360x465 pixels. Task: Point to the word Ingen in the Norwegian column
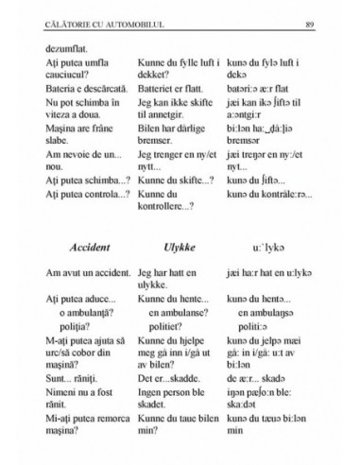tap(153, 386)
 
